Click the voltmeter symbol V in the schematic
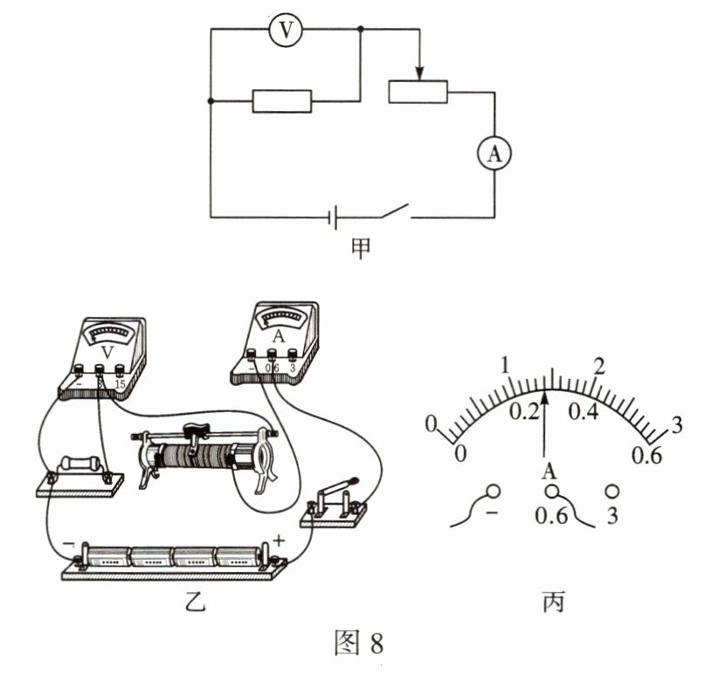pos(285,31)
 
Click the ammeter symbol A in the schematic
pos(494,154)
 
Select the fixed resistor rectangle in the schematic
pos(281,100)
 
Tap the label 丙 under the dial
pos(554,603)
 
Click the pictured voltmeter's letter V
pos(107,351)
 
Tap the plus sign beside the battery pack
pos(279,541)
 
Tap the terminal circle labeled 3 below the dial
pos(612,492)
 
